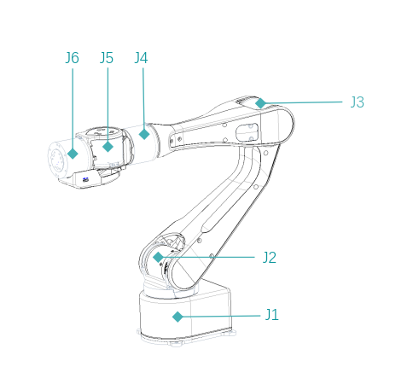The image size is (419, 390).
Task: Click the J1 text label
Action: pyautogui.click(x=271, y=315)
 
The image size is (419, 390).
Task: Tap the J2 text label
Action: pyautogui.click(x=269, y=257)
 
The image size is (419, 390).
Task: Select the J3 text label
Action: pyautogui.click(x=357, y=102)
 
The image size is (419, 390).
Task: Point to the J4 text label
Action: pyautogui.click(x=142, y=58)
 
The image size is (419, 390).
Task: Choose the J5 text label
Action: pyautogui.click(x=107, y=58)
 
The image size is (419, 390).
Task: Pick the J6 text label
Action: pyautogui.click(x=72, y=58)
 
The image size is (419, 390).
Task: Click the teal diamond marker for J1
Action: pyautogui.click(x=177, y=317)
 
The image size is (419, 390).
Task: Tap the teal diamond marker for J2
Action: pyautogui.click(x=158, y=257)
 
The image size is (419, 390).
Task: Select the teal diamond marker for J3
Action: pyautogui.click(x=260, y=103)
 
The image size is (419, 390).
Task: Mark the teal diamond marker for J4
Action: pyautogui.click(x=144, y=134)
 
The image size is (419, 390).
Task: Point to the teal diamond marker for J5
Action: pyautogui.click(x=108, y=147)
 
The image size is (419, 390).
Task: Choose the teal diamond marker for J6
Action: pyautogui.click(x=73, y=154)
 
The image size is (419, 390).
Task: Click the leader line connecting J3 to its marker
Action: pyautogui.click(x=303, y=102)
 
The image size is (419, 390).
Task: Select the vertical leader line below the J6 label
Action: pyautogui.click(x=73, y=107)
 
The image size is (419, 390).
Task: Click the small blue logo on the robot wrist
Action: pyautogui.click(x=86, y=179)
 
